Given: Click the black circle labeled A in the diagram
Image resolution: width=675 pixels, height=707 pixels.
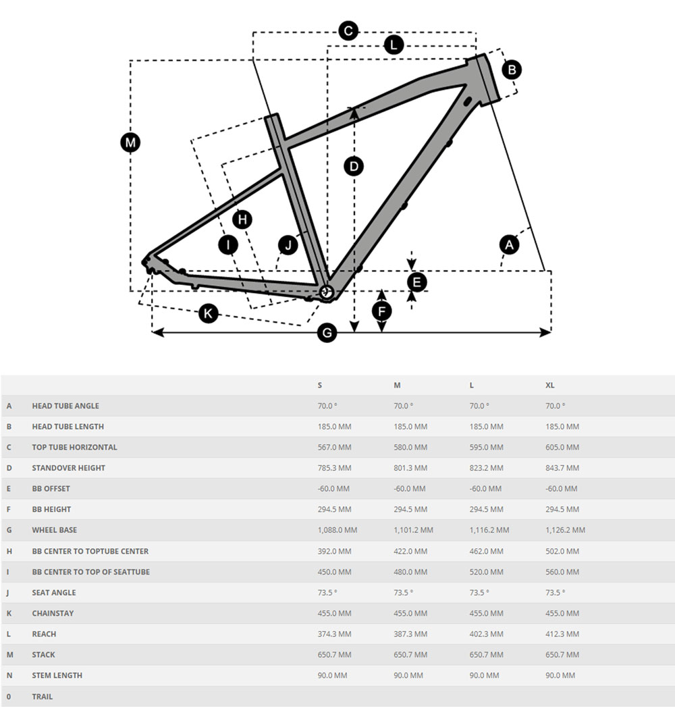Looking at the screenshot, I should pos(509,244).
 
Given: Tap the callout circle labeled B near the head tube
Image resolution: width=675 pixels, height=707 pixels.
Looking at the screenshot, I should pos(512,69).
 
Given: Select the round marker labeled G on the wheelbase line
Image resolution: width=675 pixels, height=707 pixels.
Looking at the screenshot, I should pos(327,332).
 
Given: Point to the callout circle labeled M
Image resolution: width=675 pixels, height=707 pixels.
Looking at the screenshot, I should pos(130,142).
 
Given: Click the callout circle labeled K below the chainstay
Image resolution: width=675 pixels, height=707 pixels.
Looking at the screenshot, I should pos(208,313).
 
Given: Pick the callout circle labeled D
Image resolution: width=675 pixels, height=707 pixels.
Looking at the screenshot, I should pos(354,166).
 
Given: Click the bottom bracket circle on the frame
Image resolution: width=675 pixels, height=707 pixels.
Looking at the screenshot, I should pos(327,292).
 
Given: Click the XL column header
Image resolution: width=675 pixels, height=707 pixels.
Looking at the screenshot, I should pos(550,385).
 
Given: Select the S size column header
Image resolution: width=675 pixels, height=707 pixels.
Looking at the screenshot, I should pos(320,385).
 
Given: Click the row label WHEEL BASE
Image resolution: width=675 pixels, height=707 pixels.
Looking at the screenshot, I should pos(55,530).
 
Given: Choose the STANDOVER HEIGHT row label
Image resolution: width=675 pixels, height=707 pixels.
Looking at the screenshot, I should pos(69,468).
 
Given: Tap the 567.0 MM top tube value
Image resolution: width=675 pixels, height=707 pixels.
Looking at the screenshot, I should pos(334,447).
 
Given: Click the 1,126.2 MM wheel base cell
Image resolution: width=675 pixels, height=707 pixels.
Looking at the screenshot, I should pos(565,530).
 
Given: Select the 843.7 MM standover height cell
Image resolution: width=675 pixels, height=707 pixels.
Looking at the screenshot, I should pos(562,468).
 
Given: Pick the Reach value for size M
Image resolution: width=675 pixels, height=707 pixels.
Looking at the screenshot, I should pos(410,634).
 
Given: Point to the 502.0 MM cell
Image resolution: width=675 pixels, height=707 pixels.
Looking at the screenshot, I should pos(562,551).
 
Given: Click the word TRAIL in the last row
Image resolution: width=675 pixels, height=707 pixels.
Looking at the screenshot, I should pos(42,696).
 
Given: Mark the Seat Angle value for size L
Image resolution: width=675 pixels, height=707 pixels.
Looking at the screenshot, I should pos(479,592).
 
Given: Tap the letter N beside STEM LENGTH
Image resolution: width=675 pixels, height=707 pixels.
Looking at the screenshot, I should pos(9,675).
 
